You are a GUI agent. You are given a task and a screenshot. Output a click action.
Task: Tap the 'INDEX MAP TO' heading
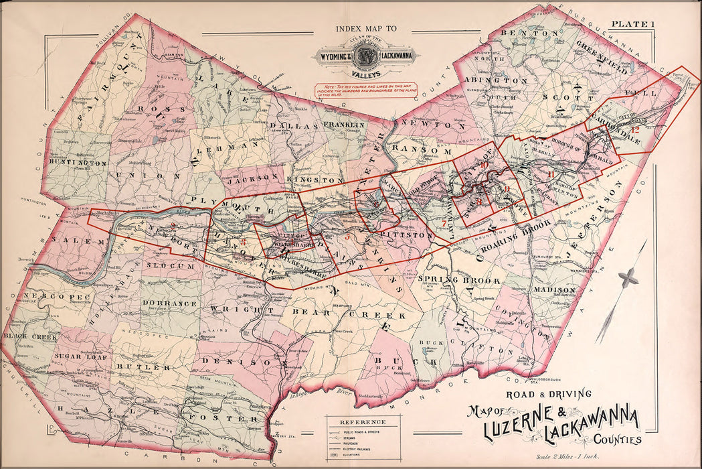click(366, 29)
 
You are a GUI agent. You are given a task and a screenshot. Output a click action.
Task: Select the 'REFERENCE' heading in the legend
click(362, 422)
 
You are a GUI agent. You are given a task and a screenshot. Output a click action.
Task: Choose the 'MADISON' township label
click(554, 289)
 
